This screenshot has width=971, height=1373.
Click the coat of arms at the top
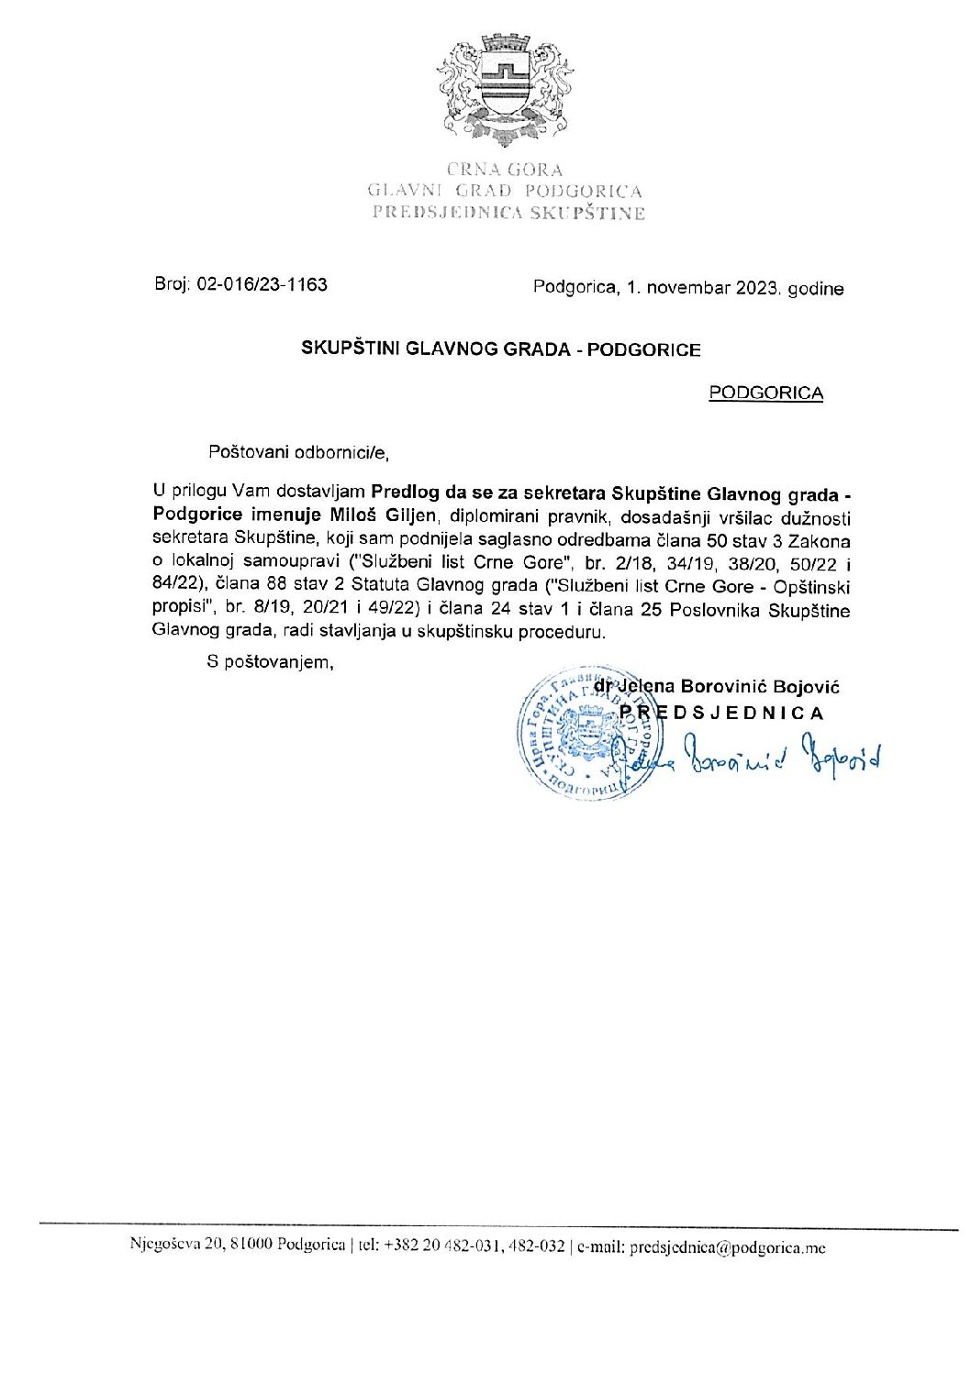pyautogui.click(x=502, y=92)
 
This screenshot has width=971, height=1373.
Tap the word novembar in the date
pyautogui.click(x=687, y=288)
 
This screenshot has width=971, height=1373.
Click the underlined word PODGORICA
pyautogui.click(x=766, y=393)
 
